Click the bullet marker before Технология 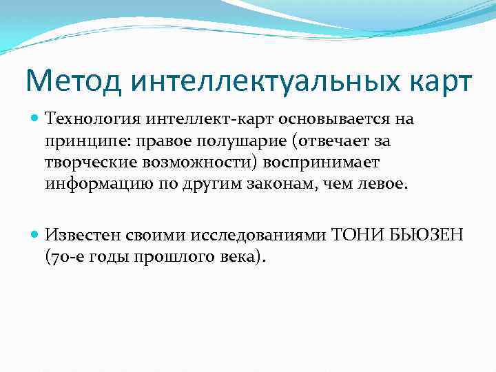pyautogui.click(x=36, y=119)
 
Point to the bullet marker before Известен pyautogui.click(x=36, y=235)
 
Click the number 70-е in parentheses pyautogui.click(x=65, y=257)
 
